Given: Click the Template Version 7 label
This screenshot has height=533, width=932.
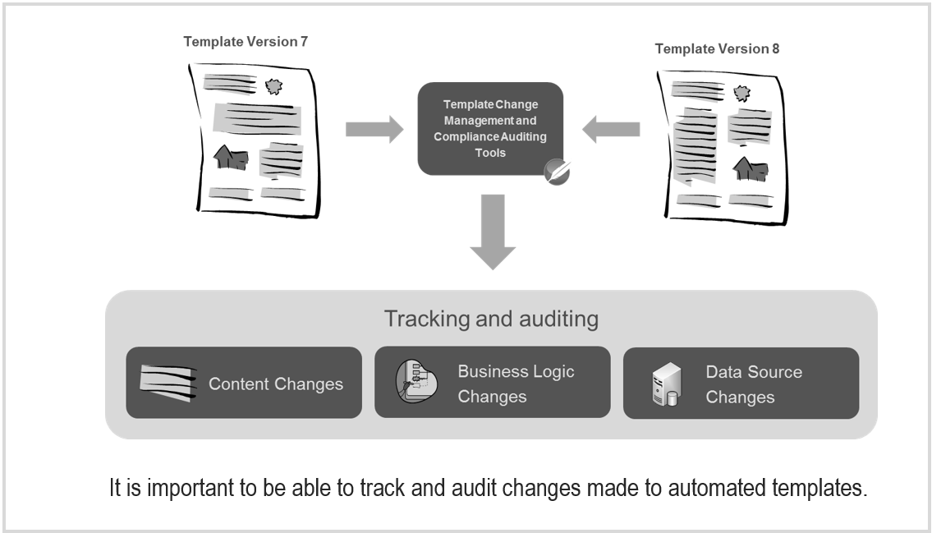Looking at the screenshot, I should [246, 41].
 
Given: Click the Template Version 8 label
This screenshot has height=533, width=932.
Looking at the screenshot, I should [717, 48].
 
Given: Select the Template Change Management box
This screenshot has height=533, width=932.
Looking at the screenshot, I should [490, 128].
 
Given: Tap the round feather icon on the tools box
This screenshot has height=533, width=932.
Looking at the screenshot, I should [558, 170].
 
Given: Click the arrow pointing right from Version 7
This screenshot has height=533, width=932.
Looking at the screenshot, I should [374, 128].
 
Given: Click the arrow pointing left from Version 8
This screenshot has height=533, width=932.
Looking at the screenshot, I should [611, 128].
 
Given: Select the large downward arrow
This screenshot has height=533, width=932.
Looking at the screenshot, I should [491, 232].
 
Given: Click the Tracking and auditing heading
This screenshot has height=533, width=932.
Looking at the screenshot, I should [491, 319].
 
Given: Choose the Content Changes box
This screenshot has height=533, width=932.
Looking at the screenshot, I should [244, 383].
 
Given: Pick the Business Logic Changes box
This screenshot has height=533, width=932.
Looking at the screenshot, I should [492, 383].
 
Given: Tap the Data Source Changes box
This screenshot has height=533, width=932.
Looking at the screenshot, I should [741, 383].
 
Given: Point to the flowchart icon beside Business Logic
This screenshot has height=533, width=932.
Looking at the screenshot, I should [415, 383].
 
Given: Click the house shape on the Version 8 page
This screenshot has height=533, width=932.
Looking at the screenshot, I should [750, 169].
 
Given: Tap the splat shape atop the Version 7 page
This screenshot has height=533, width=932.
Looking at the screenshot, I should [273, 85].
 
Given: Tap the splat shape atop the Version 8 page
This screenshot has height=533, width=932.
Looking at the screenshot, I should [741, 92].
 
